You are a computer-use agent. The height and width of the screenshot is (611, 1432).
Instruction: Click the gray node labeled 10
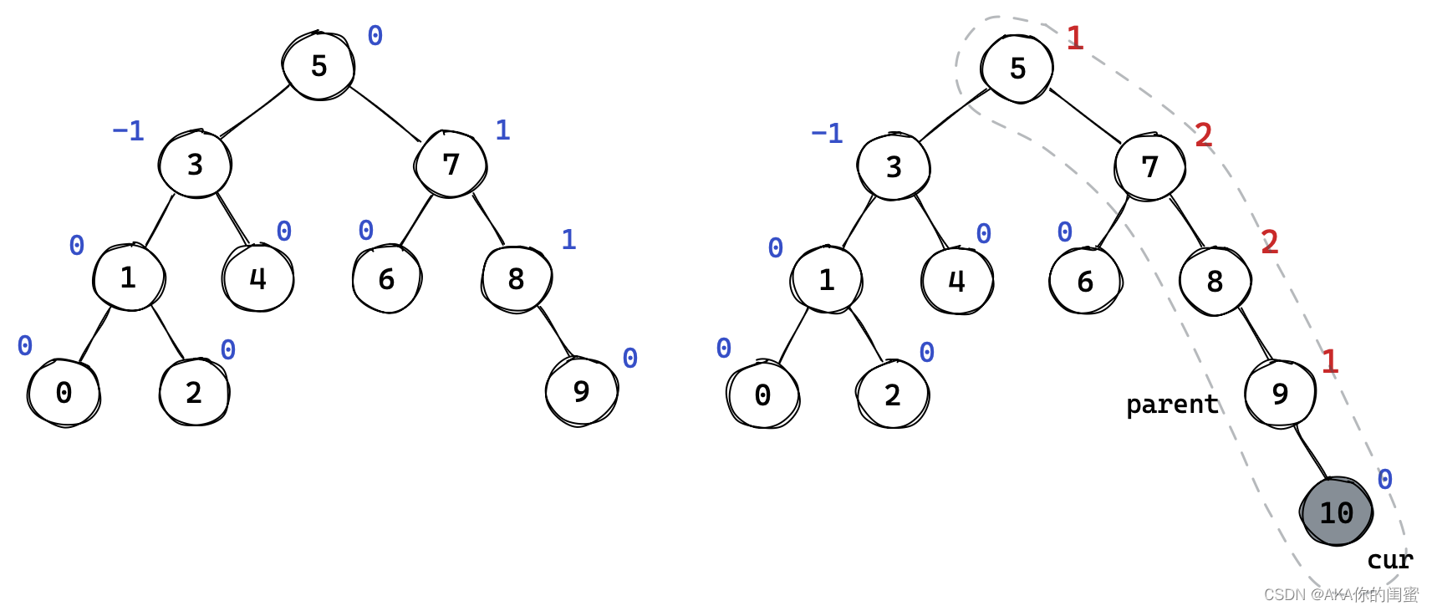(x=1337, y=512)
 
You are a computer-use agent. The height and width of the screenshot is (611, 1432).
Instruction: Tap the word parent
(x=1172, y=405)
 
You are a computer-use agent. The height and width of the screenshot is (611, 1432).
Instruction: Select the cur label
(x=1389, y=559)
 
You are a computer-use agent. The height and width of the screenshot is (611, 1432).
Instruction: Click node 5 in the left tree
(x=319, y=66)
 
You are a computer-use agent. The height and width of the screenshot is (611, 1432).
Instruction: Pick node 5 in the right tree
(x=1017, y=69)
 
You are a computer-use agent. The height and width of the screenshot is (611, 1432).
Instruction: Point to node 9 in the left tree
(x=581, y=391)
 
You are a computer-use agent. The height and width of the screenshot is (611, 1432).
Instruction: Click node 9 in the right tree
(x=1280, y=394)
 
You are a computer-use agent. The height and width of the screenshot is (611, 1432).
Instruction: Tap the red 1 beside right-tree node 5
(x=1075, y=38)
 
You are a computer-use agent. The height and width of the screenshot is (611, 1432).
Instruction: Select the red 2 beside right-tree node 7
(x=1203, y=135)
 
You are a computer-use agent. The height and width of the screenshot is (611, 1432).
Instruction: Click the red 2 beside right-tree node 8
(x=1269, y=242)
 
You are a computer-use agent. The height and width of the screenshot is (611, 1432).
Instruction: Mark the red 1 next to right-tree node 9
(x=1329, y=361)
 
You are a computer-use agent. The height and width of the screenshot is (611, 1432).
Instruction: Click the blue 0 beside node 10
(x=1384, y=480)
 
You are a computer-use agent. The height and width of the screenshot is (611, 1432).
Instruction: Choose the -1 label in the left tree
(x=129, y=131)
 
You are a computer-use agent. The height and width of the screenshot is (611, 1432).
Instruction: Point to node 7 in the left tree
(x=451, y=165)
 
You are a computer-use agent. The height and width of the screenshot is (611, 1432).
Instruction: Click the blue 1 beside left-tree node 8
(x=568, y=240)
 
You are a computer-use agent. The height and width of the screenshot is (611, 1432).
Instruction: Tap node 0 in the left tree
(x=64, y=393)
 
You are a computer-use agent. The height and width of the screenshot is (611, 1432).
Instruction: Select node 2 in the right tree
(x=892, y=395)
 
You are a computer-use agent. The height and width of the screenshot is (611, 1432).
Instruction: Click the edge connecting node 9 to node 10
(x=1310, y=451)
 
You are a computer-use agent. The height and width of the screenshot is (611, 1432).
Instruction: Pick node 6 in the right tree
(x=1085, y=282)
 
